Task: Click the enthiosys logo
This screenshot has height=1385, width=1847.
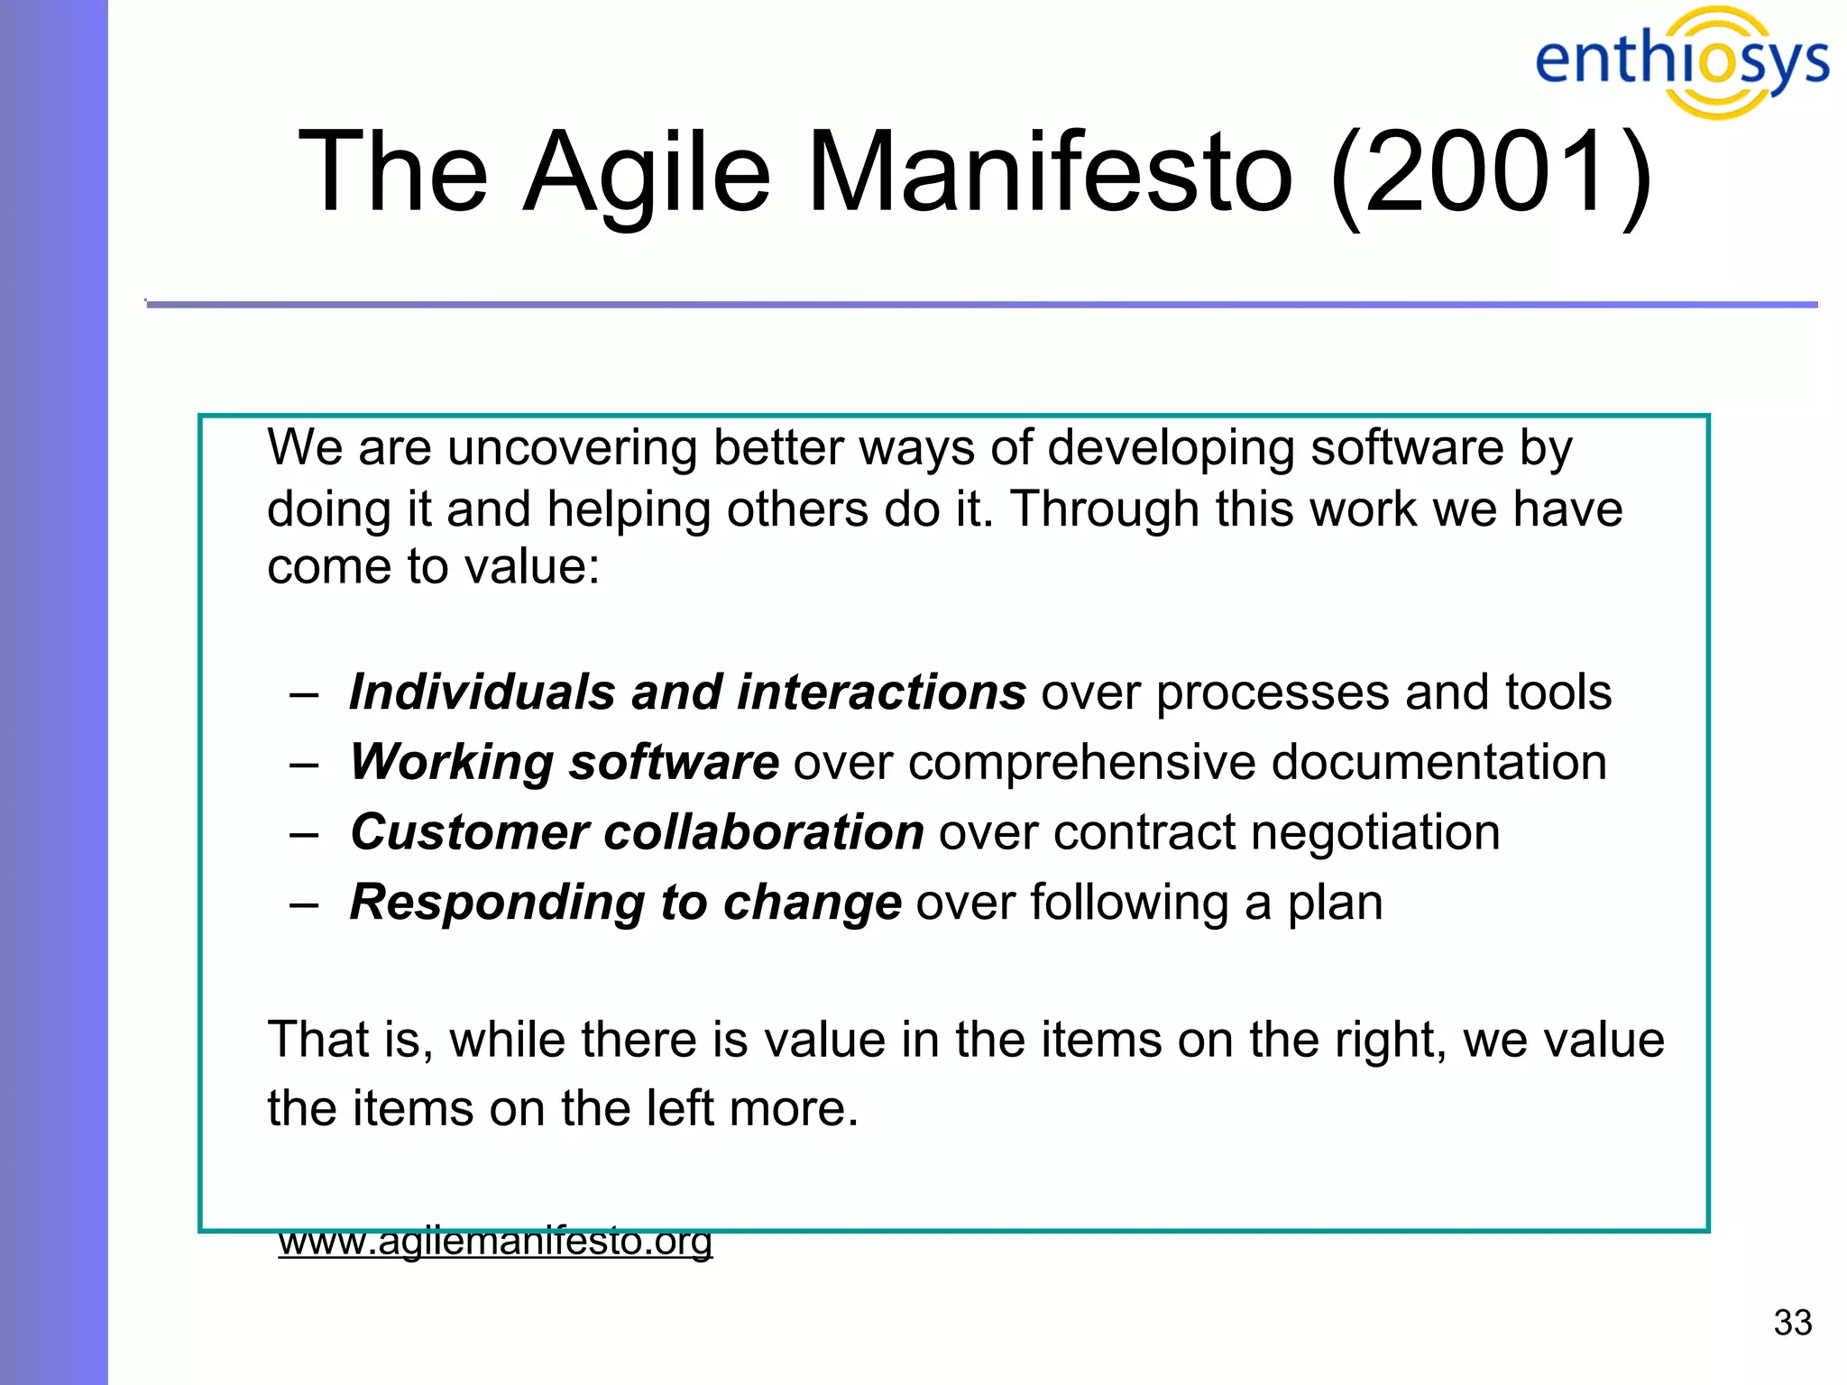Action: click(1681, 61)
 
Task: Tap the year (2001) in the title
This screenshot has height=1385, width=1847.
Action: click(1492, 171)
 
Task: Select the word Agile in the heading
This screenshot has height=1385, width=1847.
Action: click(647, 171)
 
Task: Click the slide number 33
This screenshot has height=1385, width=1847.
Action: click(1792, 1323)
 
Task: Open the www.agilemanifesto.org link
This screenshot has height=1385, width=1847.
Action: click(495, 1242)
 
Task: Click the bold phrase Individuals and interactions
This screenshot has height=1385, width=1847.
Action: click(687, 692)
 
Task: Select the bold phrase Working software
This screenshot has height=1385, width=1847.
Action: click(565, 762)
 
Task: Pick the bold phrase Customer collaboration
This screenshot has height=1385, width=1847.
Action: click(637, 831)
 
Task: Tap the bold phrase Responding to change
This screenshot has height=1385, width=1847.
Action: click(625, 902)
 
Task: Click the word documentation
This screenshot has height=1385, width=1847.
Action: click(1438, 762)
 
